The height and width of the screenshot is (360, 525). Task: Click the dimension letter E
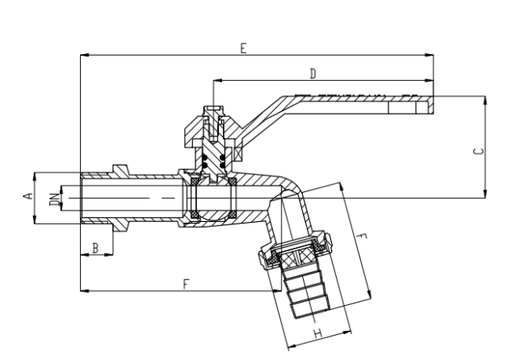243,48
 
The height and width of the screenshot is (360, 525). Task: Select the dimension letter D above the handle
313,73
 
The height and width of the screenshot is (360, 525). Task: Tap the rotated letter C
479,151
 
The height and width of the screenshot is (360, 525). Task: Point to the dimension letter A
28,195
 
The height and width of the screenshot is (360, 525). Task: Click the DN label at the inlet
55,199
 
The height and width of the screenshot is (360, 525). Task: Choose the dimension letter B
95,249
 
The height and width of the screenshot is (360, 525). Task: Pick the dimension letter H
317,333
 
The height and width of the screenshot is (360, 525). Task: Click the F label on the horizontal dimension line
186,284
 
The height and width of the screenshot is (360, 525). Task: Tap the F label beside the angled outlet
361,237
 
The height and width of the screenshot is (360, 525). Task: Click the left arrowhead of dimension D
217,80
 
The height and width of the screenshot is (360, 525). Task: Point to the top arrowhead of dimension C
485,100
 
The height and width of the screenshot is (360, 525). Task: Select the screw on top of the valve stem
214,123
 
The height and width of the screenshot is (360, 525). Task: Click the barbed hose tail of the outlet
306,291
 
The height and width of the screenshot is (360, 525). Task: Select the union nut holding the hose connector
295,249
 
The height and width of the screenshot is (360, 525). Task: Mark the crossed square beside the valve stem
238,154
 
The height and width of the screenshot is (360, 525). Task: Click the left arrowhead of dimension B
85,255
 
